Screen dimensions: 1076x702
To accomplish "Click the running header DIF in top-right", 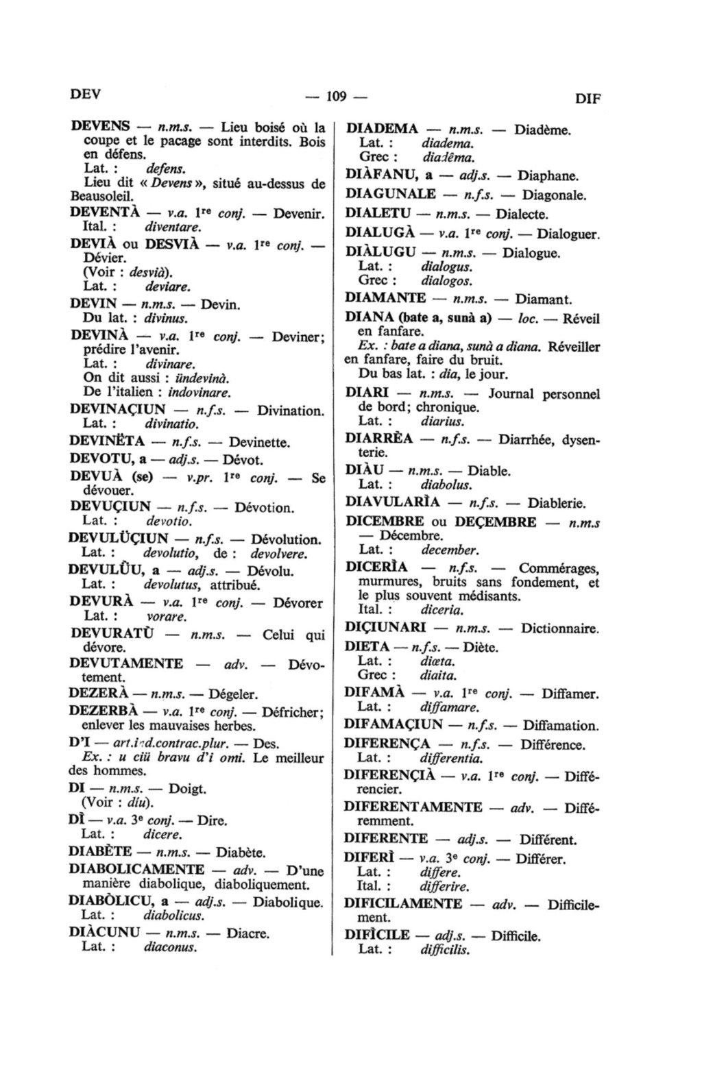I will [588, 99].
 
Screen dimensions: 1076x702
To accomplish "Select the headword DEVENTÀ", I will [105, 212].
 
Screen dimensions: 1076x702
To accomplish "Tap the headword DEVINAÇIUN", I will [118, 411].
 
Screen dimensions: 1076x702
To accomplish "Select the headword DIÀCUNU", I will [105, 933].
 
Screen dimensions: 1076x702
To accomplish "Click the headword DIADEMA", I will [382, 129].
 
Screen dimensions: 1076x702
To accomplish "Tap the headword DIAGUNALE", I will [391, 195].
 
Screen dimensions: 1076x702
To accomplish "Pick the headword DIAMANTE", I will [385, 298].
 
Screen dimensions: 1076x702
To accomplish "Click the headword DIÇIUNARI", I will [386, 628].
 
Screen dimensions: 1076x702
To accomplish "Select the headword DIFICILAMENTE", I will [403, 903].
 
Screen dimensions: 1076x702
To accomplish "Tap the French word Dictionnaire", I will [559, 628].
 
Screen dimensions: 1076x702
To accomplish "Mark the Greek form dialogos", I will [447, 281].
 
